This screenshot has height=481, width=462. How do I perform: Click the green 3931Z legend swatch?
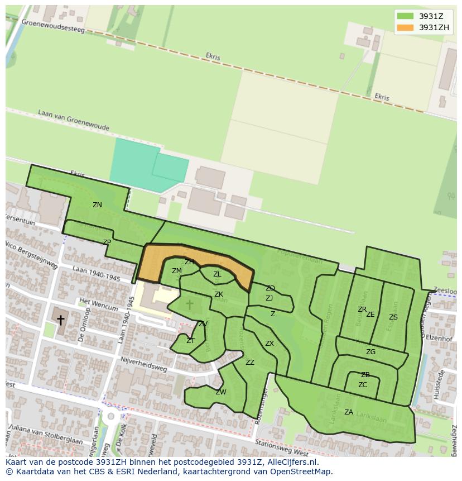click(x=405, y=17)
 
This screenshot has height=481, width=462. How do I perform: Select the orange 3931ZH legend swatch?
click(x=405, y=27)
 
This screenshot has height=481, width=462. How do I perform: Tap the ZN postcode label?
click(x=97, y=205)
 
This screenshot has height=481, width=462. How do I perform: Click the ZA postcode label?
click(x=349, y=412)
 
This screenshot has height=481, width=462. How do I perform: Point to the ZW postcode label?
click(x=221, y=392)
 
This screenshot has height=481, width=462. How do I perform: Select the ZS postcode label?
click(x=393, y=317)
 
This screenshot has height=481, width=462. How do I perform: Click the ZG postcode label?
click(x=370, y=352)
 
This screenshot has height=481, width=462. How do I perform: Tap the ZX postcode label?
click(x=269, y=344)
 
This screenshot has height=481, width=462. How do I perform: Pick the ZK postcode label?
click(x=219, y=294)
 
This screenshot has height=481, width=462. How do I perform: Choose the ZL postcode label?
click(x=217, y=274)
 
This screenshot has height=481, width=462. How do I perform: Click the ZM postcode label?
click(x=177, y=271)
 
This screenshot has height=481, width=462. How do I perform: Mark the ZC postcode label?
click(x=363, y=385)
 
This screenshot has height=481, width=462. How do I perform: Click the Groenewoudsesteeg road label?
click(x=53, y=26)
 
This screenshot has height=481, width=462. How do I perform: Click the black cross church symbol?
click(x=60, y=320)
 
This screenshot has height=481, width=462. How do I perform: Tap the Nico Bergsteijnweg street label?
click(x=31, y=255)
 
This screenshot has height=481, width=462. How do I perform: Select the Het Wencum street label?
click(x=99, y=305)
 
